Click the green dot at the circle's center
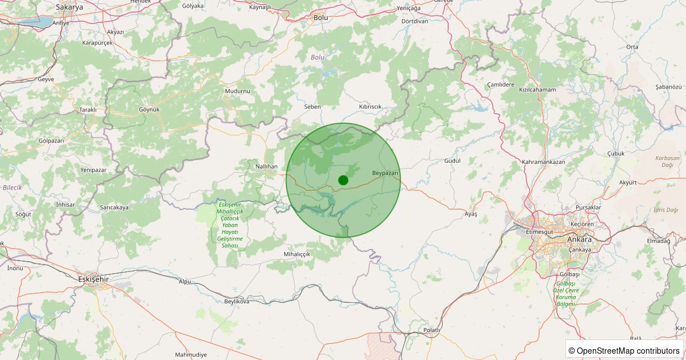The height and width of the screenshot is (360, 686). pyautogui.click(x=343, y=180)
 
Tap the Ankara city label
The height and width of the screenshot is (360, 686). pyautogui.click(x=579, y=239)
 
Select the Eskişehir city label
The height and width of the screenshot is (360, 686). pyautogui.click(x=93, y=279)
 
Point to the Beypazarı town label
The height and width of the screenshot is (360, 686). pyautogui.click(x=385, y=173)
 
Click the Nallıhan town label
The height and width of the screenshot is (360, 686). pyautogui.click(x=266, y=166)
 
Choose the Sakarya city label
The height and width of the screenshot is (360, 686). pyautogui.click(x=69, y=7)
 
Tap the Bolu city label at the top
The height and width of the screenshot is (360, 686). pyautogui.click(x=321, y=18)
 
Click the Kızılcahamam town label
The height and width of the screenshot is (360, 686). pyautogui.click(x=537, y=90)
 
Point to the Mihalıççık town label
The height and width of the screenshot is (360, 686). pyautogui.click(x=297, y=254)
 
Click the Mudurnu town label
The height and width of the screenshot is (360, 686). pyautogui.click(x=238, y=91)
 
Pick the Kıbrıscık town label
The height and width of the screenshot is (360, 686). pyautogui.click(x=370, y=107)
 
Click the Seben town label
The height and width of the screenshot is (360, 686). pyautogui.click(x=313, y=107)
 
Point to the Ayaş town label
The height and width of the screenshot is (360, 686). pyautogui.click(x=470, y=214)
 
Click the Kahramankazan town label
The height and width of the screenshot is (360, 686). pyautogui.click(x=543, y=162)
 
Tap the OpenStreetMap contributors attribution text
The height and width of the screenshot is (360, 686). pyautogui.click(x=625, y=350)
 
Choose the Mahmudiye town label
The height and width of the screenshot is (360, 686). pyautogui.click(x=191, y=355)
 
